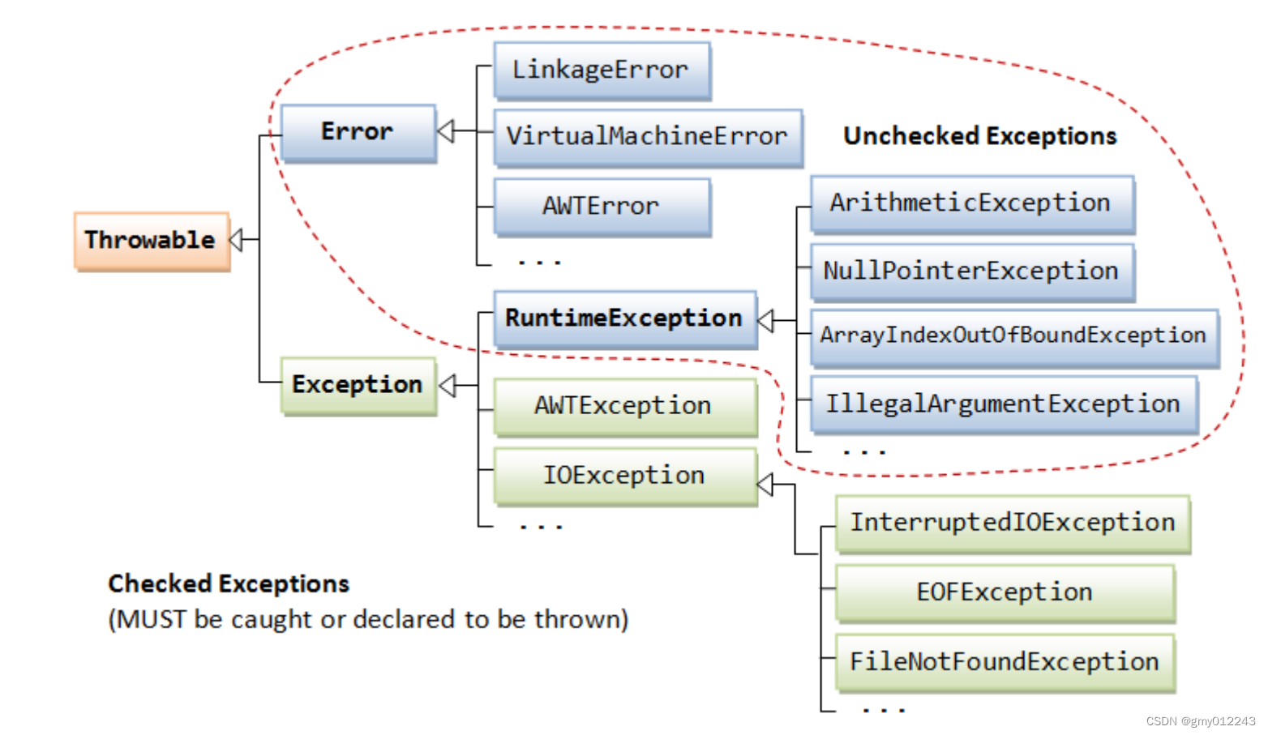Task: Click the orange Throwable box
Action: tap(152, 241)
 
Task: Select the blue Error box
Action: tap(358, 132)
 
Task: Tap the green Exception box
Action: tap(358, 385)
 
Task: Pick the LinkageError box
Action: tap(601, 71)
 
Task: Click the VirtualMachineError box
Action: tap(647, 137)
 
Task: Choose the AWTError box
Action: tap(601, 207)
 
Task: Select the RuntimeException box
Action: tap(624, 318)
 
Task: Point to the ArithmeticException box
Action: tap(970, 203)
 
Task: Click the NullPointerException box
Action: tap(970, 271)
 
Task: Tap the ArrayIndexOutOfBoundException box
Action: tap(1013, 336)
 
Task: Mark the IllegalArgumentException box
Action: tap(1003, 404)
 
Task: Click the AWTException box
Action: tap(624, 406)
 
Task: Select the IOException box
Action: tap(624, 476)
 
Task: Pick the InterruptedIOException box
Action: tap(1012, 523)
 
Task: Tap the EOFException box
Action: tap(1005, 593)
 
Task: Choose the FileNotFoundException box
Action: tap(1005, 663)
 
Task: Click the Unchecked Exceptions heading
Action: tap(979, 136)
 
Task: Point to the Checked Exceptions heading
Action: tap(229, 584)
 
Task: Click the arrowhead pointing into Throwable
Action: tap(236, 240)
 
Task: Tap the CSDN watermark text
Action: tap(1201, 721)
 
